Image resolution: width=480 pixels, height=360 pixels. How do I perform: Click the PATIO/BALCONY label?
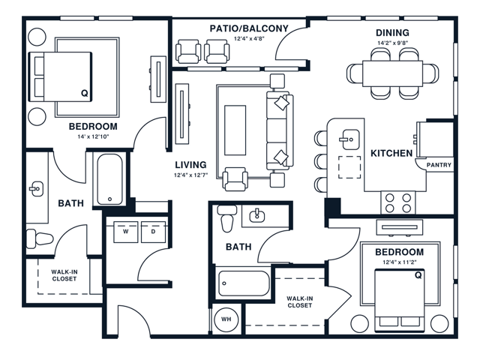tap(249, 28)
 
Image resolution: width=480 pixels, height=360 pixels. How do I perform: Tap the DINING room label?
tap(392, 32)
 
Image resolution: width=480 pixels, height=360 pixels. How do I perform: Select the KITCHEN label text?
tap(391, 154)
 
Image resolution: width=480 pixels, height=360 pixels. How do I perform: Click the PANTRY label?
tap(439, 165)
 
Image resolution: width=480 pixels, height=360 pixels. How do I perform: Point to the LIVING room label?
tap(190, 165)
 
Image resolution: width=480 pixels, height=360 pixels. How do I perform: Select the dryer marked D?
tap(152, 232)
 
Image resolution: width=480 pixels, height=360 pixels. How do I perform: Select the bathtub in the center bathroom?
tap(244, 285)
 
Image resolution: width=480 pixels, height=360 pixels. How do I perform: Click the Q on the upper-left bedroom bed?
tap(84, 93)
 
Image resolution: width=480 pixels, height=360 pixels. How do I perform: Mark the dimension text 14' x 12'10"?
tap(93, 137)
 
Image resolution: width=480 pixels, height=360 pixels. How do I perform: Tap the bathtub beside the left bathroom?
tap(111, 181)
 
